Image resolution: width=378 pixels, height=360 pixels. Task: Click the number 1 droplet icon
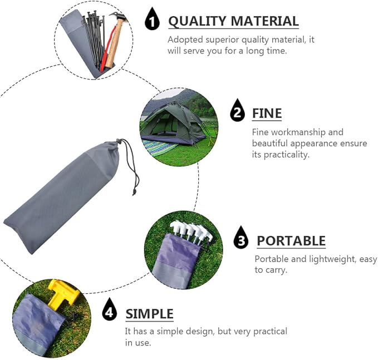coord(152,19)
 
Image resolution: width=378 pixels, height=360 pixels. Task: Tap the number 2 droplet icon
coord(238,110)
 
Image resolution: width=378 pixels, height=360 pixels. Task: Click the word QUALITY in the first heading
coord(198,22)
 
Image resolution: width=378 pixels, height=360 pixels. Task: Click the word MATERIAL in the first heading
coord(265,21)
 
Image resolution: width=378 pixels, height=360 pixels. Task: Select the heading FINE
coord(267,114)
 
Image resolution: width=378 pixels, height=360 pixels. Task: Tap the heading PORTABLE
coord(291,241)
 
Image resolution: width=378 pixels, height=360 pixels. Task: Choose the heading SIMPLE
coord(149,314)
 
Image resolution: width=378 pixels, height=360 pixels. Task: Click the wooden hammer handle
coord(113,43)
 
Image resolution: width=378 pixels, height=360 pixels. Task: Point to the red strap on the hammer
coord(107,48)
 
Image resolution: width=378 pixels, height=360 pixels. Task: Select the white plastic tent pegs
coord(192,233)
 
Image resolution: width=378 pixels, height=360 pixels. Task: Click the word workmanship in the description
coord(298,132)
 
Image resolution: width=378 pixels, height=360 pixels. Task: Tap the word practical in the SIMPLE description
coord(270,332)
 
